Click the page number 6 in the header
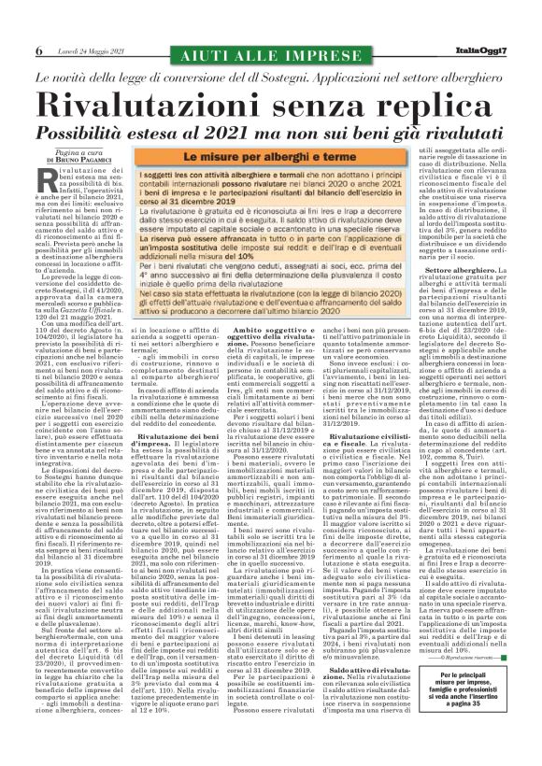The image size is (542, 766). pos(39,50)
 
